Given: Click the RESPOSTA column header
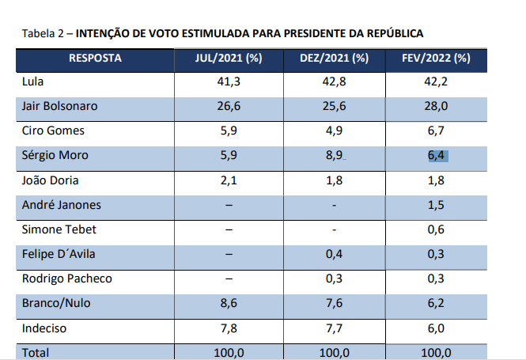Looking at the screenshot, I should click(95, 58).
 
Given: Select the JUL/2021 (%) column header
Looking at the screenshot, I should click(229, 58).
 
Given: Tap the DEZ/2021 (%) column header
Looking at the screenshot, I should click(335, 58).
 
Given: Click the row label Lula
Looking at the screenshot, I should click(34, 81).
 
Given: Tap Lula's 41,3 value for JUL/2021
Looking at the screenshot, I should click(229, 81).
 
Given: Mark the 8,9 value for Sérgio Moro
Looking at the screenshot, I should click(334, 156).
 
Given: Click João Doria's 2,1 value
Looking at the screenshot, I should click(229, 180).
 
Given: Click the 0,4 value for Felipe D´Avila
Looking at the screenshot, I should click(335, 256).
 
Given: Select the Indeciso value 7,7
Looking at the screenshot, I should click(335, 328).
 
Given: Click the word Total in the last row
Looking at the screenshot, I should click(36, 352).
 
